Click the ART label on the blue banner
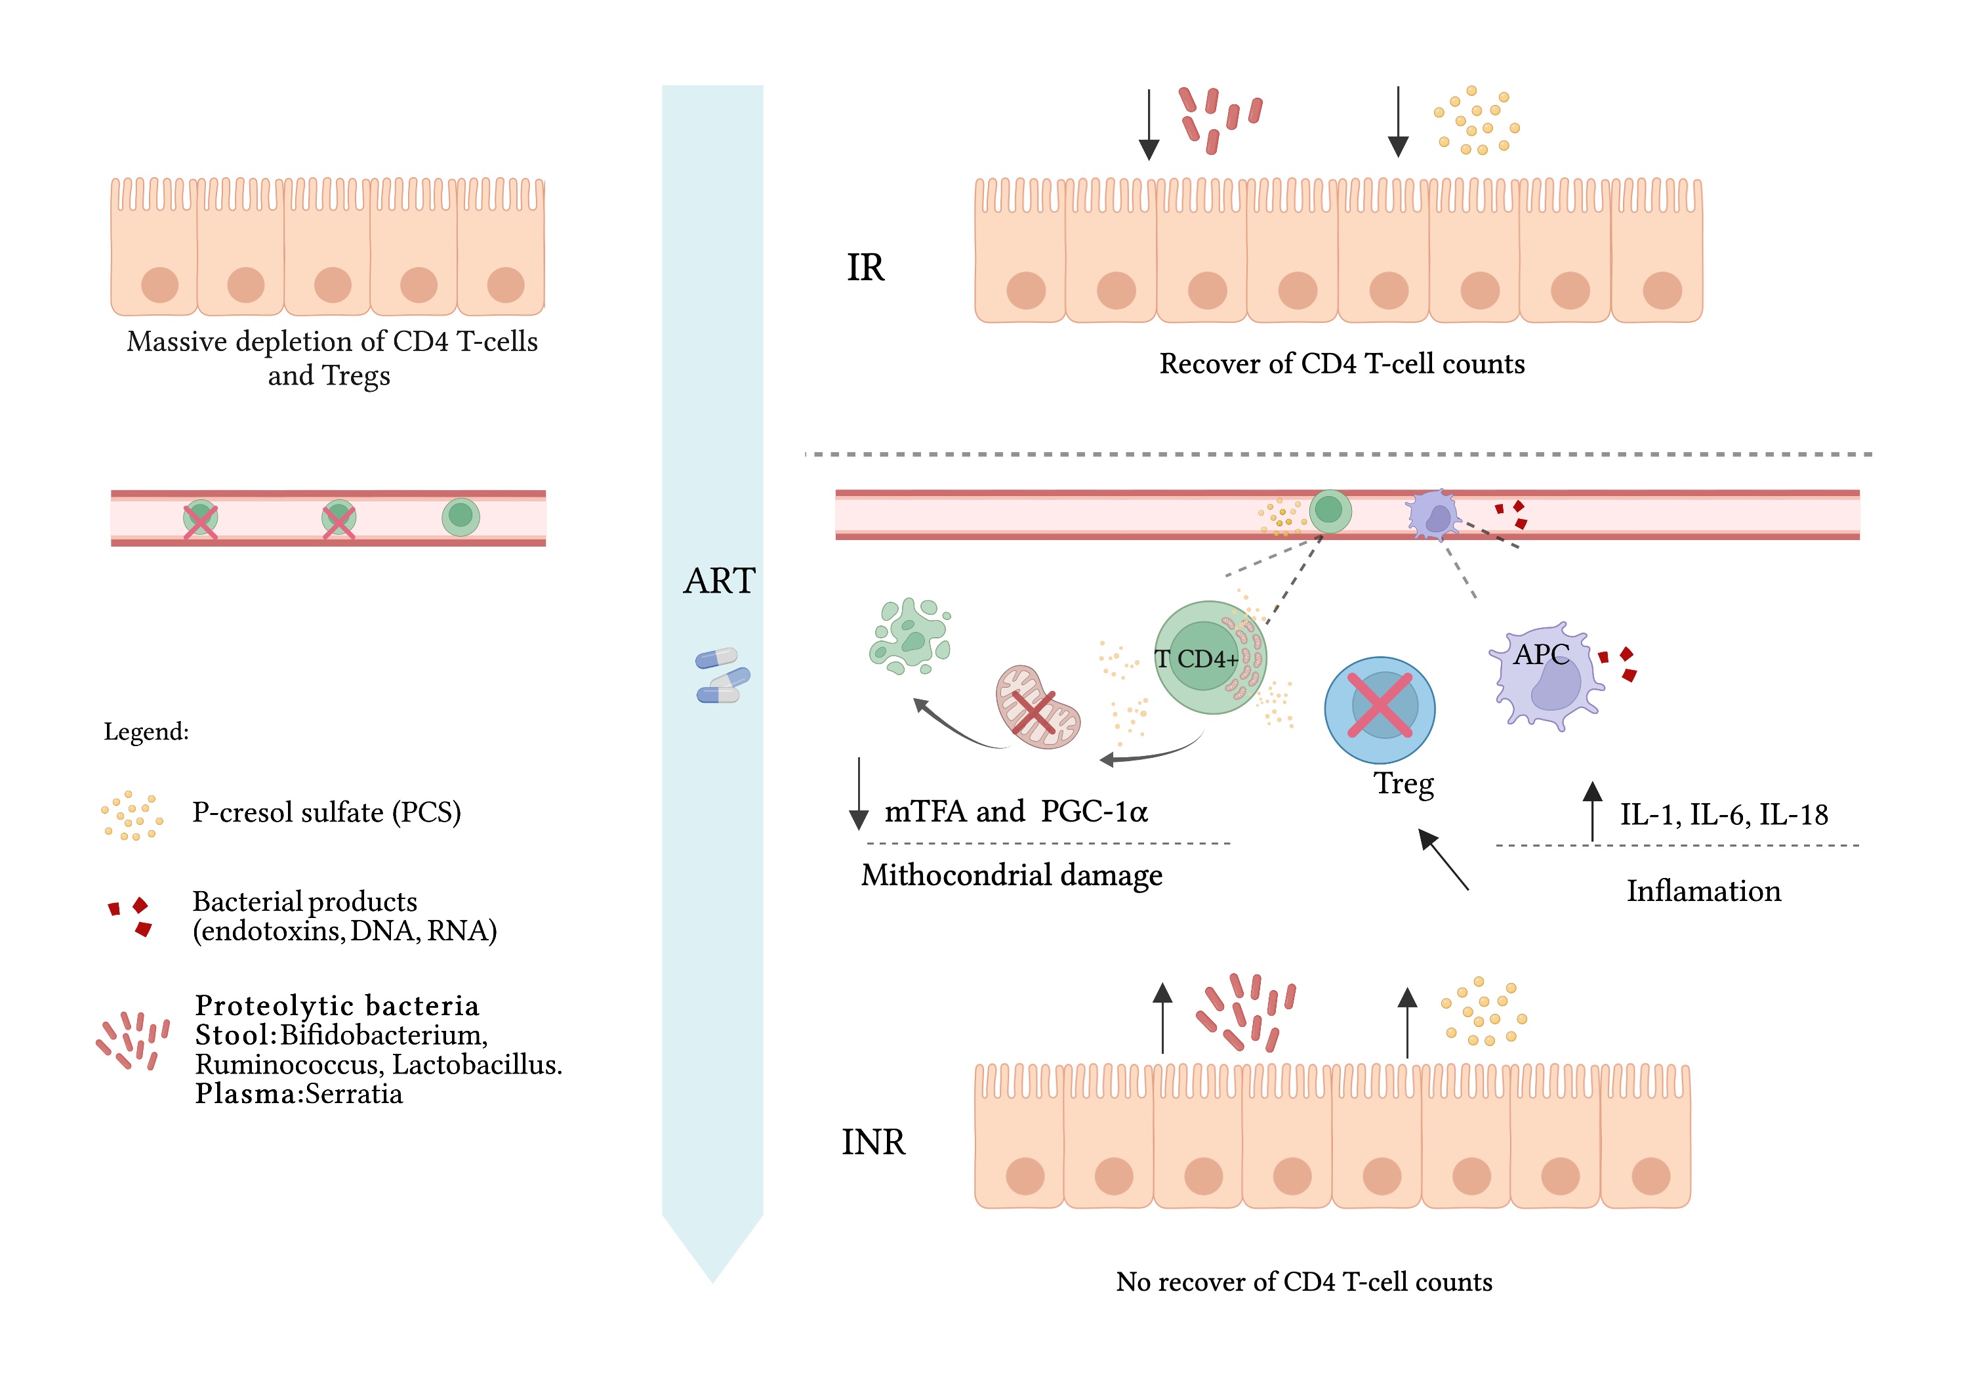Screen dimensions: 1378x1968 click(x=719, y=581)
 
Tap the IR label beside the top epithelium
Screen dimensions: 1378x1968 click(x=865, y=268)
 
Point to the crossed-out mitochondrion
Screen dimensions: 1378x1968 click(x=1036, y=707)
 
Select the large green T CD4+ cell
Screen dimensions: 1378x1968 click(x=1208, y=658)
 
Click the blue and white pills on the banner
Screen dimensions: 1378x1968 click(x=722, y=676)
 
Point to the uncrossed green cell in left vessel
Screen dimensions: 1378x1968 click(x=461, y=516)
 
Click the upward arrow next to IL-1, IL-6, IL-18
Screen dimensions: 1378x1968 click(x=1591, y=810)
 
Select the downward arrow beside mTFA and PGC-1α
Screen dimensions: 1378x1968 click(x=858, y=793)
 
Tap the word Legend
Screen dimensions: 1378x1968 click(x=146, y=732)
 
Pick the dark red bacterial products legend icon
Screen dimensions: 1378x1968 click(x=131, y=917)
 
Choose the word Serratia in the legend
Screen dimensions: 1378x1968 click(x=353, y=1094)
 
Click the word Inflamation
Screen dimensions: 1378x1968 click(x=1703, y=891)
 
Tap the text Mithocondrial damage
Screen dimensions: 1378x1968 click(x=1012, y=875)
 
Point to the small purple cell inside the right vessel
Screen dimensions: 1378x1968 click(x=1433, y=515)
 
